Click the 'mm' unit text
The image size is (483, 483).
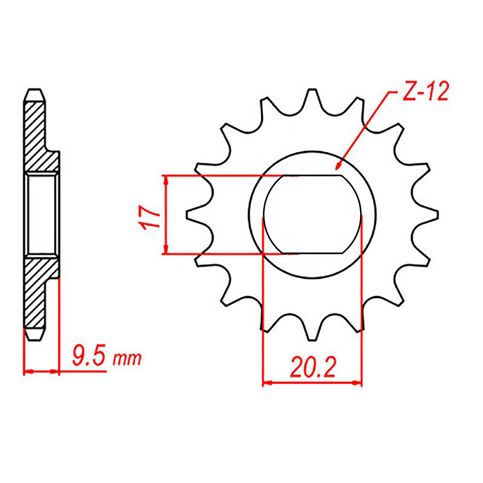(x=127, y=358)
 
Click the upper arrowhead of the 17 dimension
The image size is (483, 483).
(x=165, y=180)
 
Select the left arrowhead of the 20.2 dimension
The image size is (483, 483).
(x=267, y=382)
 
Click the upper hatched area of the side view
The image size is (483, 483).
(x=38, y=137)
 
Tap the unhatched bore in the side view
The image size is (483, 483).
(x=41, y=215)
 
